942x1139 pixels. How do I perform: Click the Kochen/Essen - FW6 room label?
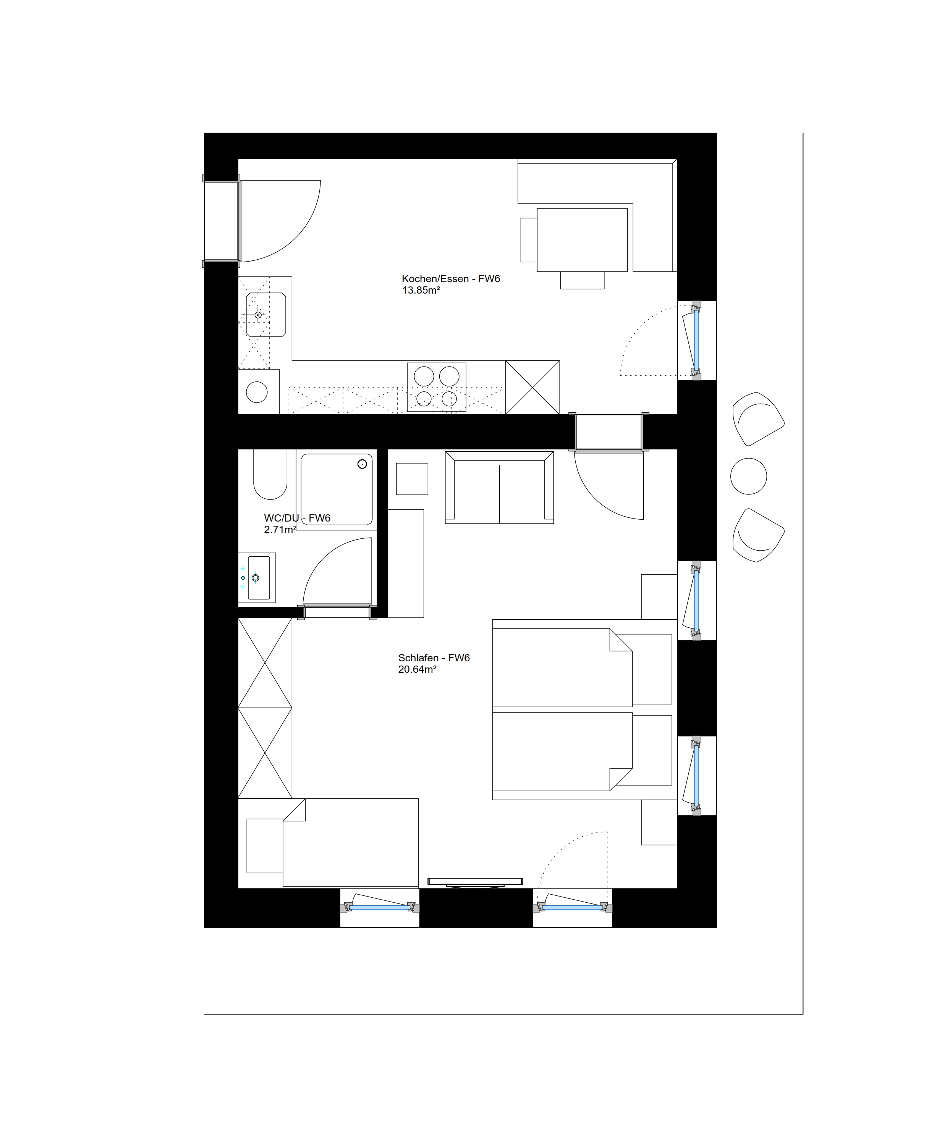click(450, 279)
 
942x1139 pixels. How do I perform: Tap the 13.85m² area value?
click(421, 290)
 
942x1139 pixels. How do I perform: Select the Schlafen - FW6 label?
click(434, 658)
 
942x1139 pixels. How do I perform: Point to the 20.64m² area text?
click(417, 669)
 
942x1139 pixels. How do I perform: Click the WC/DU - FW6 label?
click(297, 518)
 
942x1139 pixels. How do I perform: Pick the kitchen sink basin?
click(266, 315)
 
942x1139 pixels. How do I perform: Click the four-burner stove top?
click(436, 387)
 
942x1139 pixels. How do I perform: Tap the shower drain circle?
click(362, 464)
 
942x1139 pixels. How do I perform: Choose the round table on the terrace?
click(748, 476)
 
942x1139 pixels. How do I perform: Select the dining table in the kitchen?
click(582, 240)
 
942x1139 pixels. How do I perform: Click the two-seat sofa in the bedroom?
click(499, 487)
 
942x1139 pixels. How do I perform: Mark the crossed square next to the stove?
click(533, 387)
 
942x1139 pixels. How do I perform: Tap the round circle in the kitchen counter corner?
click(257, 392)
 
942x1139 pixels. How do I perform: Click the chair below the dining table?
click(582, 280)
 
